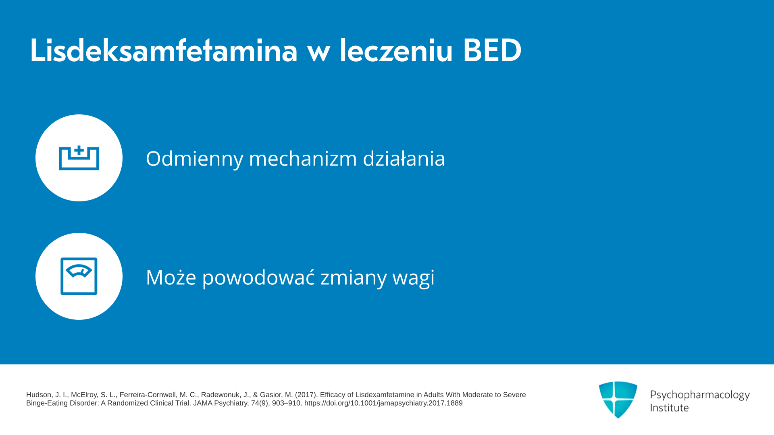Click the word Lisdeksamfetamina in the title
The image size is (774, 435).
click(164, 50)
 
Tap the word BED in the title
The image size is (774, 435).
click(492, 50)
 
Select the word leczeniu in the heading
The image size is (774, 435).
click(396, 50)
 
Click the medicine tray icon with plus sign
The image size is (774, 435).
click(79, 157)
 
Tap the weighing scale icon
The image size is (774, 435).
click(79, 276)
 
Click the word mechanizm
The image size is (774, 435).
click(303, 158)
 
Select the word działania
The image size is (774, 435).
click(404, 158)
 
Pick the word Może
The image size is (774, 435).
click(171, 277)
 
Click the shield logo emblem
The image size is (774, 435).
click(618, 400)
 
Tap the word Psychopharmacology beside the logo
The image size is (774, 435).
click(700, 395)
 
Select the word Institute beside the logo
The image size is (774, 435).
click(669, 408)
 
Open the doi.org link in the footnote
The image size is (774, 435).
click(383, 403)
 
